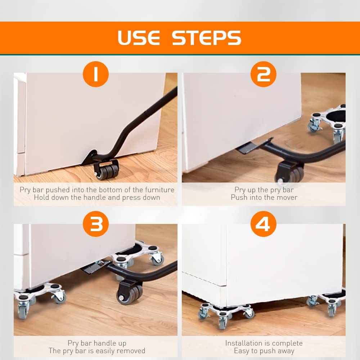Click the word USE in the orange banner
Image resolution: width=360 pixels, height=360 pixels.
pyautogui.click(x=139, y=38)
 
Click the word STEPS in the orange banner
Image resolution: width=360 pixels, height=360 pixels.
pyautogui.click(x=207, y=38)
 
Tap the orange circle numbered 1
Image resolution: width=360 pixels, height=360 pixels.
pyautogui.click(x=96, y=74)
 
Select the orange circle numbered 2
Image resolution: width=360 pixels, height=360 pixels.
pyautogui.click(x=264, y=74)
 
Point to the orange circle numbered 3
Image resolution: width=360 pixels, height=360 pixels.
pyautogui.click(x=96, y=224)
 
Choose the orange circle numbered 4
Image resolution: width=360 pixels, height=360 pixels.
pyautogui.click(x=264, y=224)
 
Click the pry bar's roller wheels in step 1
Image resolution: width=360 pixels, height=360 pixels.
pyautogui.click(x=106, y=170)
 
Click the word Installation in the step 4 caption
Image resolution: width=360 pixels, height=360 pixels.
pyautogui.click(x=243, y=343)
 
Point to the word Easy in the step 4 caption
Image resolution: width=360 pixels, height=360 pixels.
pyautogui.click(x=242, y=351)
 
